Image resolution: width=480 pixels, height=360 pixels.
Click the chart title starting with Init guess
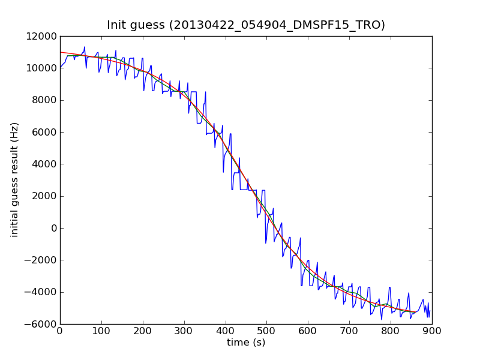[x=246, y=25]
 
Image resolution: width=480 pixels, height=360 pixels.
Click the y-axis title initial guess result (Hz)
[x=15, y=179]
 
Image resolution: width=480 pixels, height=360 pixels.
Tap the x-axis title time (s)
[x=246, y=343]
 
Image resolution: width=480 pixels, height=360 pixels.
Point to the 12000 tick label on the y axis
[x=41, y=36]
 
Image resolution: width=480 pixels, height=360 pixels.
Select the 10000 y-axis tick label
[x=41, y=68]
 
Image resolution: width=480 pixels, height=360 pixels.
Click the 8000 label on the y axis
[x=43, y=100]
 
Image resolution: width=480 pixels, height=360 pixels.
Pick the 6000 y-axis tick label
[x=43, y=132]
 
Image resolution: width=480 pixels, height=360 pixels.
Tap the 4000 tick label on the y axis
[x=43, y=164]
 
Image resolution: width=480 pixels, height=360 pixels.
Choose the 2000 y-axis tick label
[x=43, y=196]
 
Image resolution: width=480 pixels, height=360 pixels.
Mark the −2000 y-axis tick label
[x=41, y=260]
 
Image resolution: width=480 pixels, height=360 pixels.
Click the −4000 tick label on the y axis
[x=41, y=292]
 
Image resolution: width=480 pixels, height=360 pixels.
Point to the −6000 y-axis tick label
[x=41, y=324]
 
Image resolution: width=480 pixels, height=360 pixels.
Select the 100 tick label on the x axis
[x=101, y=331]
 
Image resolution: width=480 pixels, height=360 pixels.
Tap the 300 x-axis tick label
[x=184, y=331]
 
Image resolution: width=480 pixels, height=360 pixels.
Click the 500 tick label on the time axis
[x=266, y=331]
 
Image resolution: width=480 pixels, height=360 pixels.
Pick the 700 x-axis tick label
[x=349, y=331]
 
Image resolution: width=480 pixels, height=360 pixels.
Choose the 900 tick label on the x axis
[x=432, y=331]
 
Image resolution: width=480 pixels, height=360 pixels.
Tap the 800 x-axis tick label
[x=391, y=331]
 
